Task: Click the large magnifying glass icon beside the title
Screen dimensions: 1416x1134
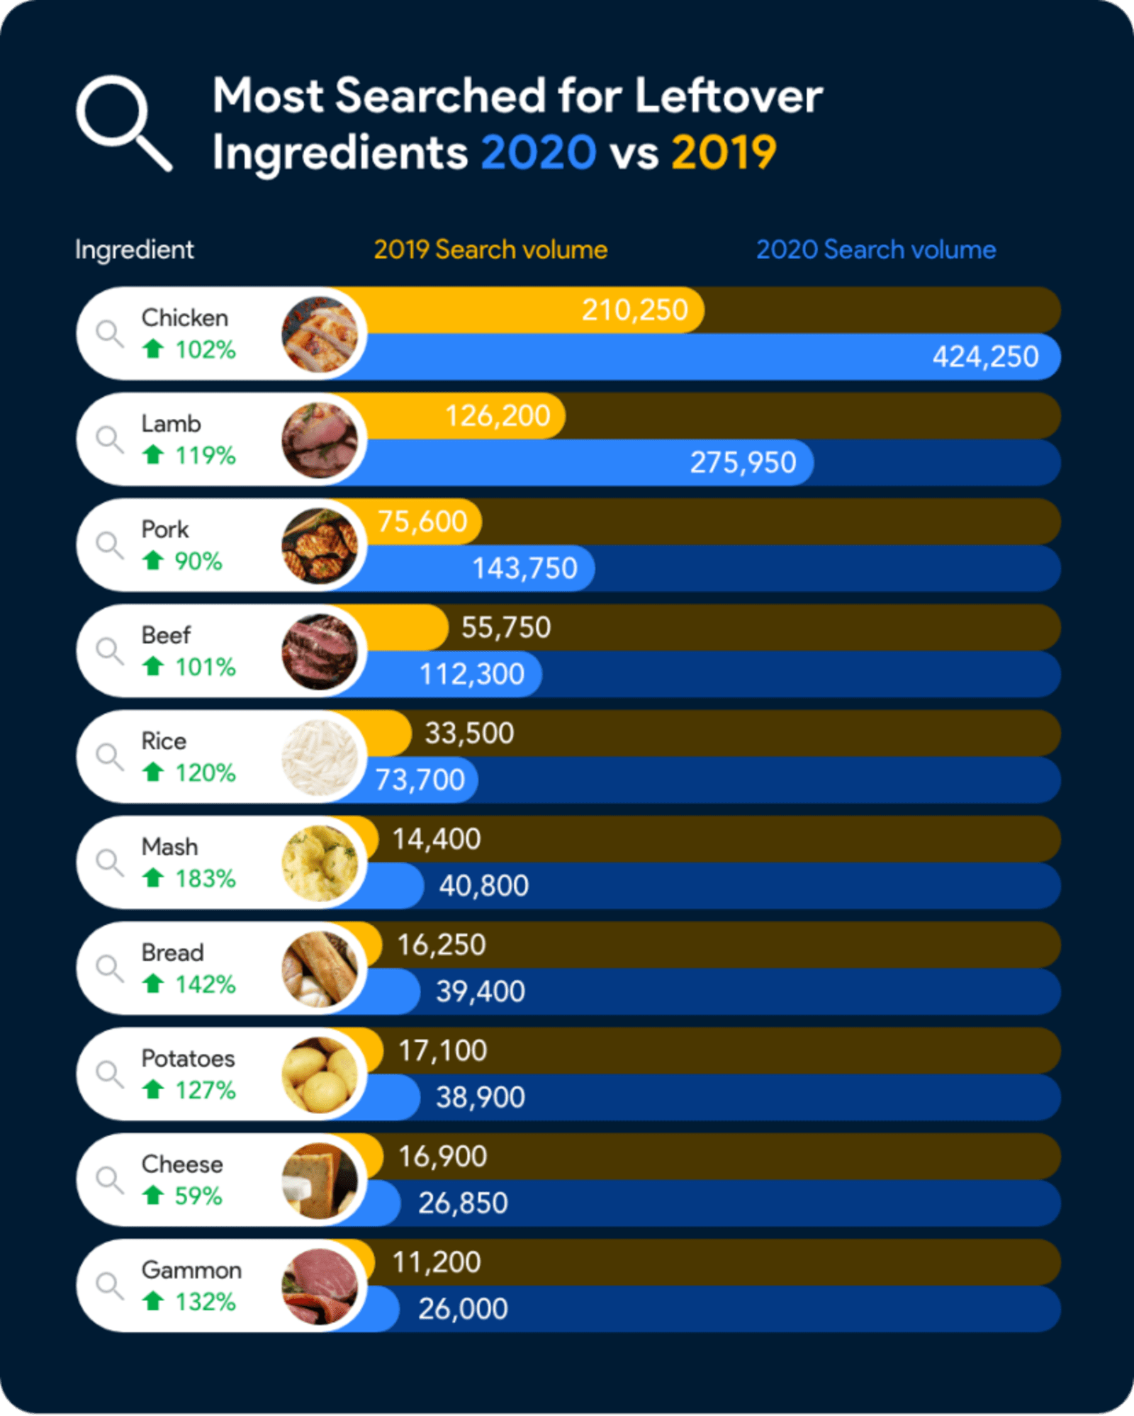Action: [x=122, y=122]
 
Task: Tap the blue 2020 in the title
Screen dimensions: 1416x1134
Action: [x=539, y=152]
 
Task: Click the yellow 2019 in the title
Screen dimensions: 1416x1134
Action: [x=724, y=152]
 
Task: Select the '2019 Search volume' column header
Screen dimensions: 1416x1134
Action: [x=490, y=249]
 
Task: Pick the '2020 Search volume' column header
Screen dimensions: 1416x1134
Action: [x=876, y=249]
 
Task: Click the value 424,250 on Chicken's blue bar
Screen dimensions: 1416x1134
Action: [x=985, y=356]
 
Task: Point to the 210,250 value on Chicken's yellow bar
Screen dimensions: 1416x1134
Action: [x=634, y=310]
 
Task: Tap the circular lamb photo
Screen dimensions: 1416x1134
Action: [x=320, y=440]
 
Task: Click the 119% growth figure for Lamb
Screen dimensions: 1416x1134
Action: [x=206, y=455]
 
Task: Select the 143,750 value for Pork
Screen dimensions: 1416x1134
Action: [x=524, y=568]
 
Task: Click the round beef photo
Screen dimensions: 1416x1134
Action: [x=320, y=651]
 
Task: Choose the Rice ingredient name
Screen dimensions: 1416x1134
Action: [x=164, y=741]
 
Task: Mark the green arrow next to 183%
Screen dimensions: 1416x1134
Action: [x=153, y=878]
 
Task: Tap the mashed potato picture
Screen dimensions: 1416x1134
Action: [x=320, y=863]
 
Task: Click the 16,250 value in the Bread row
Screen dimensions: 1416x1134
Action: [x=441, y=945]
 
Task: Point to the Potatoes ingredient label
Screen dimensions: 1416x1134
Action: [x=188, y=1058]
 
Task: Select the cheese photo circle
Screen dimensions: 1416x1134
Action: [x=320, y=1181]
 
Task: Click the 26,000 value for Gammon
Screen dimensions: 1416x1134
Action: [x=463, y=1308]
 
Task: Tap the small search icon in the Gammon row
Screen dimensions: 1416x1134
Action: [x=110, y=1285]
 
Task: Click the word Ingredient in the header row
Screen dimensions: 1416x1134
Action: [x=134, y=249]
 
